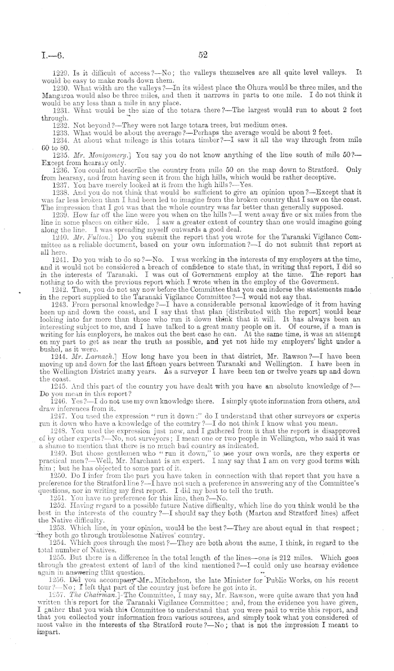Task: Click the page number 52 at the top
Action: point(203,55)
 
